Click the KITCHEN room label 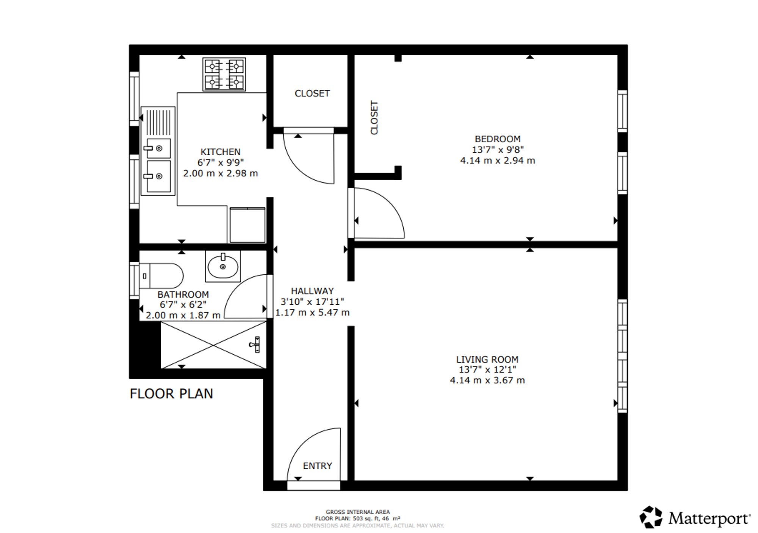(x=220, y=152)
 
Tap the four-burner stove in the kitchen (x=224, y=74)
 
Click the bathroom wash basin (x=223, y=266)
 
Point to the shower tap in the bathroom (x=255, y=344)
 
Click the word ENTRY (x=317, y=466)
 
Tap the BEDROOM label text (x=498, y=139)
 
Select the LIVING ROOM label (x=487, y=359)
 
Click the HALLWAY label (x=312, y=291)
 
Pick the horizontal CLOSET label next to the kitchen (x=312, y=93)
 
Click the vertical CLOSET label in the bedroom (x=374, y=117)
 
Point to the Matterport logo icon (x=651, y=517)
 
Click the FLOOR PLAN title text (x=171, y=394)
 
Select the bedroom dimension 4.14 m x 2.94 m (x=498, y=161)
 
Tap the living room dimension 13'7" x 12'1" (x=487, y=369)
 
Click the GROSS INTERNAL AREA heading (x=358, y=512)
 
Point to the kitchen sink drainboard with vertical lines (x=158, y=122)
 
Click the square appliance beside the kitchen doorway (x=247, y=225)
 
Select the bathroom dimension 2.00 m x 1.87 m (x=183, y=315)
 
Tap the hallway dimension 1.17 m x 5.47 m (x=312, y=312)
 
